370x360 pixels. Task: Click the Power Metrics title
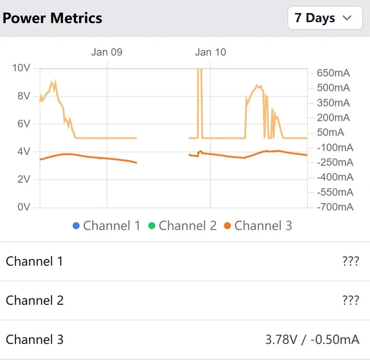tap(53, 18)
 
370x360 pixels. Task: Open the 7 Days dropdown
tap(325, 18)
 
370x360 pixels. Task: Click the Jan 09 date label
tap(107, 52)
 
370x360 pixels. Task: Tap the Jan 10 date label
tap(210, 52)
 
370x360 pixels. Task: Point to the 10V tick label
tap(21, 68)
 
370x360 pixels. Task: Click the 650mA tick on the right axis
tap(333, 73)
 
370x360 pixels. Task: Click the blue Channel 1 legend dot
tap(77, 226)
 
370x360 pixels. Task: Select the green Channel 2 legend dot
tap(152, 226)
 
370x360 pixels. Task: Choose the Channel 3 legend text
tap(263, 226)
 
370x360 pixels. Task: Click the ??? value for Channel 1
tap(350, 261)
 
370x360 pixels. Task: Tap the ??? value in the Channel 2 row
tap(350, 300)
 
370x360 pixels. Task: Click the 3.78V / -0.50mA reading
tap(312, 340)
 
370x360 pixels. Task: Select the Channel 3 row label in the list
tap(35, 340)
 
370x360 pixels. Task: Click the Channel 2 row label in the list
tap(35, 300)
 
